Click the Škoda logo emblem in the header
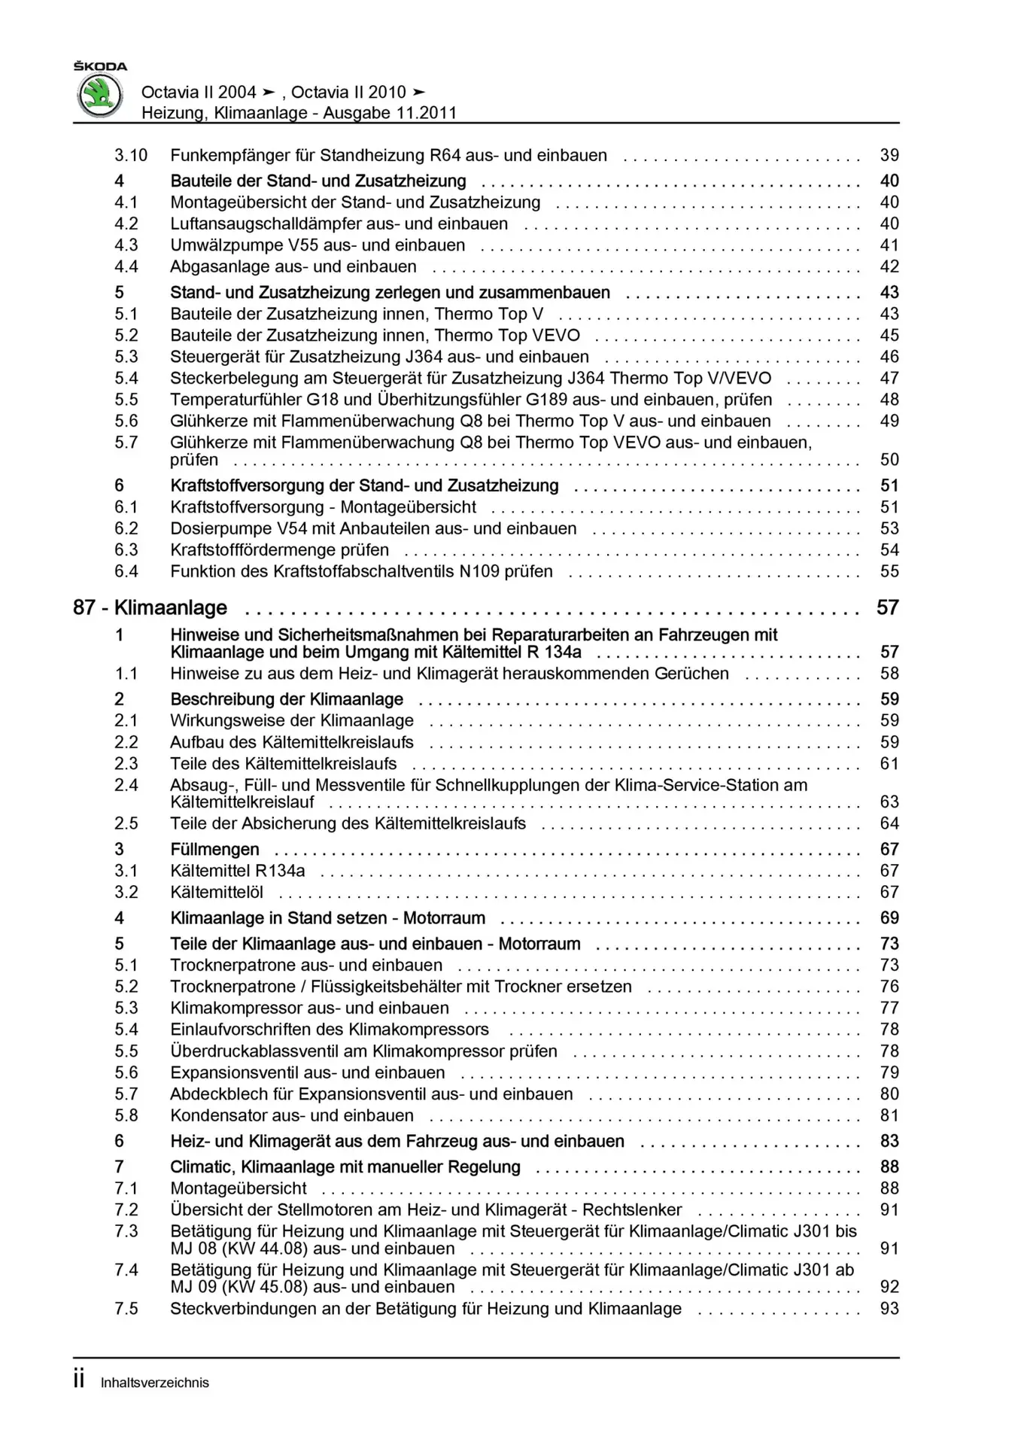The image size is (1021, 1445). tap(100, 96)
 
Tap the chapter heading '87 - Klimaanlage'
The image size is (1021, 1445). tap(150, 607)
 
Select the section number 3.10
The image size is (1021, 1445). tap(130, 156)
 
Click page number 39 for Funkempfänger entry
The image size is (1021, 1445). tap(889, 156)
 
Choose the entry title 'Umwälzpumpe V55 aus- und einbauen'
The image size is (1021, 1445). tap(318, 245)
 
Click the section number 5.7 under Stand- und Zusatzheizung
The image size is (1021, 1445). tap(126, 443)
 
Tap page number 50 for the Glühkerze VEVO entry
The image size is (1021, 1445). tap(889, 460)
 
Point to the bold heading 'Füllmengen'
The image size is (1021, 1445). tap(214, 849)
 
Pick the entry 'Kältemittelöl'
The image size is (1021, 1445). tap(217, 892)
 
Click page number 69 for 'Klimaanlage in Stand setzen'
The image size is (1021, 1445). tap(889, 918)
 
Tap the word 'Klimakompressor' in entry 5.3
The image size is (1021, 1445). tap(236, 1008)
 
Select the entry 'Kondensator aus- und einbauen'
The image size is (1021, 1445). tap(292, 1115)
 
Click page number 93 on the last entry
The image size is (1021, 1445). tap(889, 1309)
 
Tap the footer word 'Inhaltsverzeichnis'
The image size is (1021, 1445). tap(155, 1383)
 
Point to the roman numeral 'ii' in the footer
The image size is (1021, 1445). tap(79, 1381)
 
